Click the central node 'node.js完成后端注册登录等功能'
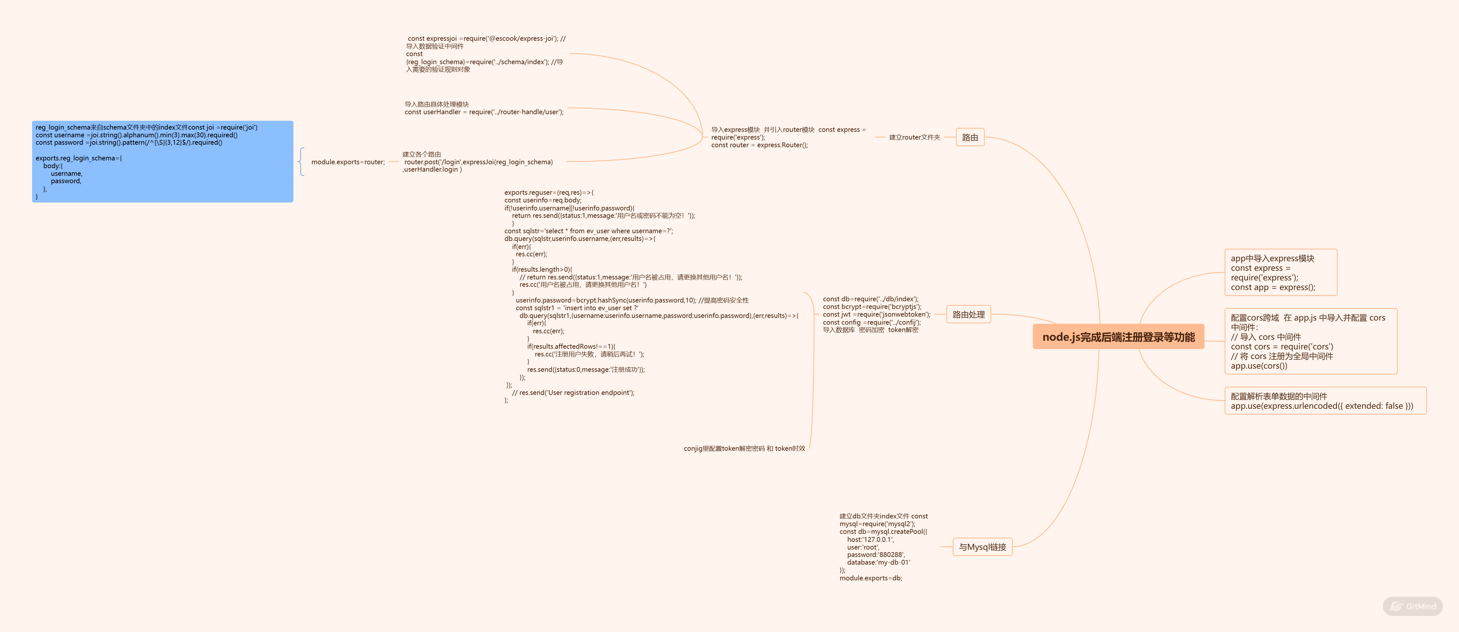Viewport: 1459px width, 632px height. tap(1118, 337)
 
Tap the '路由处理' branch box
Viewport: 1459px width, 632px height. tap(968, 315)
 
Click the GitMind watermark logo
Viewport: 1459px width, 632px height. tap(1413, 606)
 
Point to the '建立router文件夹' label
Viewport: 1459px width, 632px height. tap(914, 137)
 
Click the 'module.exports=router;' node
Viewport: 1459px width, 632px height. tap(348, 162)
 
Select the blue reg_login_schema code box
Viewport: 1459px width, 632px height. tap(163, 162)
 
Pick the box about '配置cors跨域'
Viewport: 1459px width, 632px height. tap(1310, 341)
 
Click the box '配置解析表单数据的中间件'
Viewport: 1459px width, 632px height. tap(1325, 401)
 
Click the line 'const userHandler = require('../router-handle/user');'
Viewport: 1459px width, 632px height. tap(484, 112)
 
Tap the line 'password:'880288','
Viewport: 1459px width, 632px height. tap(876, 555)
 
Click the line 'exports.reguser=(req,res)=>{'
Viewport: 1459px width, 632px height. tap(549, 193)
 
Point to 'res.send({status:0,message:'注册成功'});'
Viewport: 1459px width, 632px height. tap(586, 370)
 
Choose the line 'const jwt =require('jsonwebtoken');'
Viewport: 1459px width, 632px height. tap(876, 315)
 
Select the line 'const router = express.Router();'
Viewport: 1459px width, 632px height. tap(760, 145)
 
